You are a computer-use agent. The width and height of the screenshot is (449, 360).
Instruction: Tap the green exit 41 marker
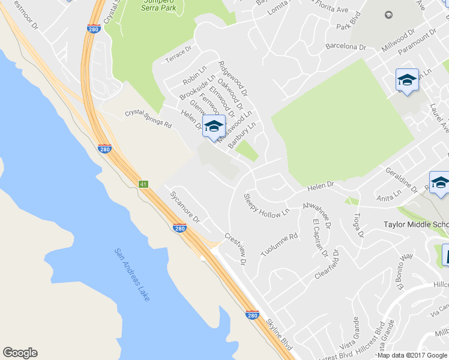(x=143, y=184)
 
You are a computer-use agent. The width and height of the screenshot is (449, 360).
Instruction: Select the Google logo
(x=20, y=353)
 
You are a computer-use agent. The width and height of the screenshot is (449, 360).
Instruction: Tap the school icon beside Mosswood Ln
(x=214, y=127)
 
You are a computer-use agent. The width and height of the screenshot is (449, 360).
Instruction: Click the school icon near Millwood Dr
(x=406, y=81)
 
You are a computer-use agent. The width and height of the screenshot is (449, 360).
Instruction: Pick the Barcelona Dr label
(x=345, y=46)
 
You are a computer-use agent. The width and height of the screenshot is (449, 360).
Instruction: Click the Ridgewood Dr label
(x=233, y=79)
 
